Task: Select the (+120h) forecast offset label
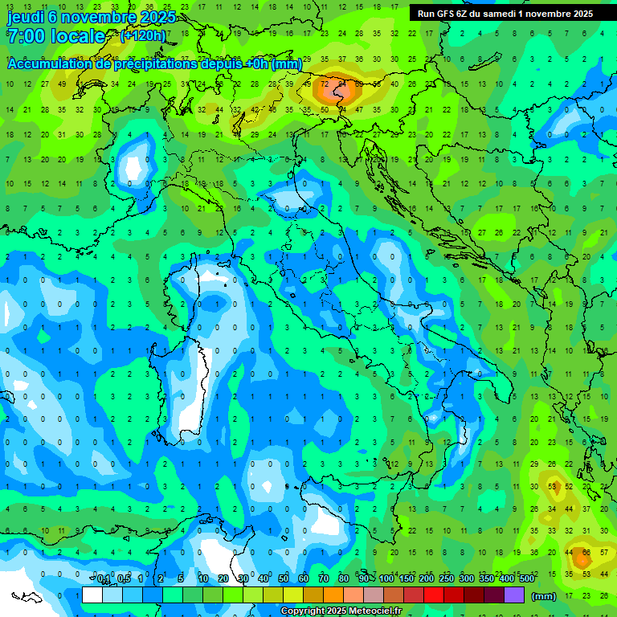pos(143,35)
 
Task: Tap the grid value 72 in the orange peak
pos(325,83)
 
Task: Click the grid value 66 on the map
pos(586,554)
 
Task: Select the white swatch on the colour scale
pos(92,595)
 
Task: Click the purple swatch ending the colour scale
pos(514,595)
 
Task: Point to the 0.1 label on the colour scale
pos(104,579)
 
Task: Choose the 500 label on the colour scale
pos(527,579)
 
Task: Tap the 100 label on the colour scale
pos(386,579)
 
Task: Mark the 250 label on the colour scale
pos(447,579)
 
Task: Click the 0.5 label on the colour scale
pos(124,579)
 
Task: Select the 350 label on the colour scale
pos(487,579)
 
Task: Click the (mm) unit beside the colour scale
pos(544,596)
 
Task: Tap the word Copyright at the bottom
pos(301,611)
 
